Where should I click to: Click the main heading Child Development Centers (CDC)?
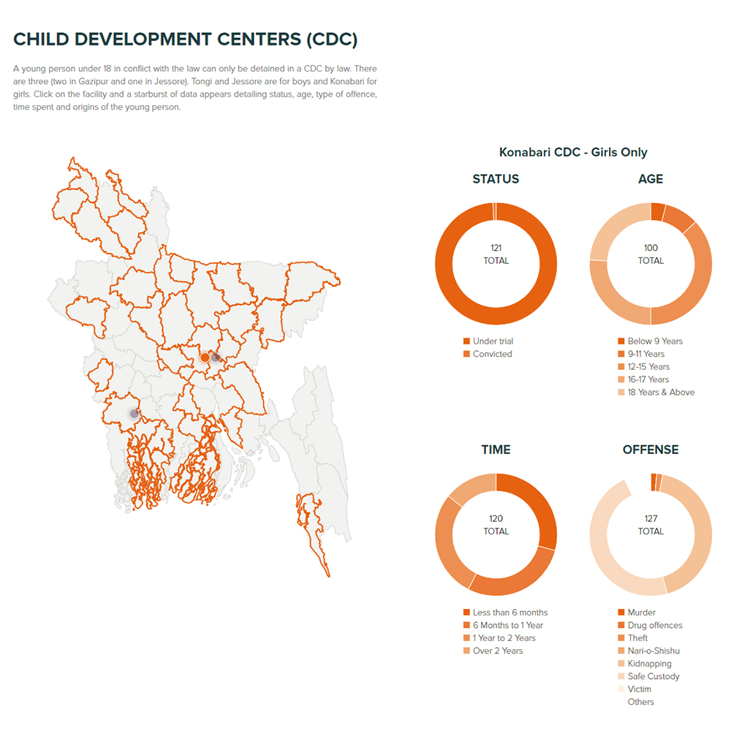pyautogui.click(x=185, y=39)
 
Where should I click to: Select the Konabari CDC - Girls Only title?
pyautogui.click(x=573, y=153)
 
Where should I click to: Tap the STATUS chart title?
pyautogui.click(x=496, y=179)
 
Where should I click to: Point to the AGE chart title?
pyautogui.click(x=651, y=179)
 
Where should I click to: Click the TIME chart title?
pyautogui.click(x=496, y=450)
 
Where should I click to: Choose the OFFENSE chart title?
pyautogui.click(x=651, y=450)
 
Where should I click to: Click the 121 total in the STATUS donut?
pyautogui.click(x=496, y=254)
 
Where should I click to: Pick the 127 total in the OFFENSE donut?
pyautogui.click(x=651, y=525)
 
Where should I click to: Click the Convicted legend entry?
pyautogui.click(x=492, y=355)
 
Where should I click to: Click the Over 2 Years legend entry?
pyautogui.click(x=497, y=651)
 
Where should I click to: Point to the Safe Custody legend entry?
pyautogui.click(x=653, y=677)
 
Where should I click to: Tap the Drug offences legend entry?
pyautogui.click(x=654, y=626)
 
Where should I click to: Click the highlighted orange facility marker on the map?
pyautogui.click(x=205, y=357)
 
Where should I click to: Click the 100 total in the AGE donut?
pyautogui.click(x=651, y=254)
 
